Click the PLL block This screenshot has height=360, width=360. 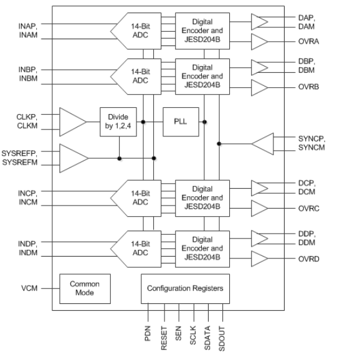[181, 122]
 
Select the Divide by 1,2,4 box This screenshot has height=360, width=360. [118, 122]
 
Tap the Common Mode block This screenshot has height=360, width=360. [85, 288]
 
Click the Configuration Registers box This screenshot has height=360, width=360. [185, 288]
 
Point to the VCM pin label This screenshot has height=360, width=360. [29, 288]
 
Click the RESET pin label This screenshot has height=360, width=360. [164, 338]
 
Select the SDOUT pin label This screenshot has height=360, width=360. [222, 339]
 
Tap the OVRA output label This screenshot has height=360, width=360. [308, 42]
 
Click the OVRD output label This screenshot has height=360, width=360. [309, 259]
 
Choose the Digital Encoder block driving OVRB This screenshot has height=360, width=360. [202, 77]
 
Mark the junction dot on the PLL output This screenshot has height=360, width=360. [204, 122]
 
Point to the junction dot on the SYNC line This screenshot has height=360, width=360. [219, 144]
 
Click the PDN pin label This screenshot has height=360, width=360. [148, 333]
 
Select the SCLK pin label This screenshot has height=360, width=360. [193, 335]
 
